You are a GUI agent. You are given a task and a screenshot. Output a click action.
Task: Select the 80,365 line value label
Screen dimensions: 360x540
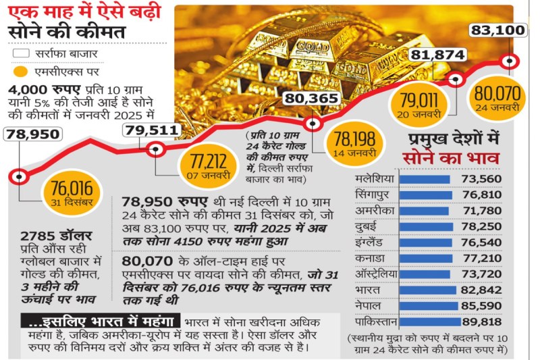[x=310, y=99]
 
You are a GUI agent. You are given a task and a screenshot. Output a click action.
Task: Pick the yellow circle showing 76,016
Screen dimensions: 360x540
[x=69, y=189]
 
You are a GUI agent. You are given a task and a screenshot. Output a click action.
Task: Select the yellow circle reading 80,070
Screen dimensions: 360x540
[x=496, y=99]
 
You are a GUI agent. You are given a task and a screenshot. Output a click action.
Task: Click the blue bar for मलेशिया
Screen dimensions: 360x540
[x=425, y=178]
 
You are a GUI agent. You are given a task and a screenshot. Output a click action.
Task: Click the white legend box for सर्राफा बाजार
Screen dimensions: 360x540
[x=21, y=53]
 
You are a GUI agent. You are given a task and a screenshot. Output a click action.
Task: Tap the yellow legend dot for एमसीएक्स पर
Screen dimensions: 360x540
[x=21, y=71]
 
